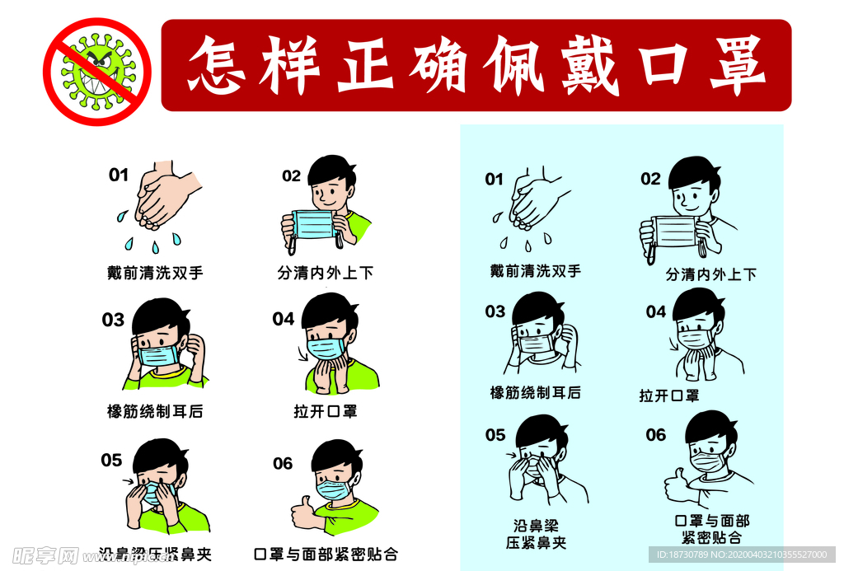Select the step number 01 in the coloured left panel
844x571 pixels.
coord(119,175)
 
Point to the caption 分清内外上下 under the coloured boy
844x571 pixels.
coord(326,272)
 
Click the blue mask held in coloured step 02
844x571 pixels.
coord(313,224)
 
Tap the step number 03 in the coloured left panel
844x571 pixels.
coord(113,320)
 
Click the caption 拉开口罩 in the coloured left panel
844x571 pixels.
coord(325,410)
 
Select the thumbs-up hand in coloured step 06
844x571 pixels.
coord(302,512)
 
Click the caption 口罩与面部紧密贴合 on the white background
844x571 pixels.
coord(326,554)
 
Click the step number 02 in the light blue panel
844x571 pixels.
coord(650,179)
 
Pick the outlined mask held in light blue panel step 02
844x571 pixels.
coord(674,232)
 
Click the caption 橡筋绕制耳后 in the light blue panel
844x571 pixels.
coord(535,393)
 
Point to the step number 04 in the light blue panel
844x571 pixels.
coord(655,311)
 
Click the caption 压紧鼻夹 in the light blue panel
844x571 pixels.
coord(535,542)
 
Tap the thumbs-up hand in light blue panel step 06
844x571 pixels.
coord(676,486)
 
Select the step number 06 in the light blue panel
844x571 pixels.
coord(655,434)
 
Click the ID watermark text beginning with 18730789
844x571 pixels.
coord(742,555)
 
